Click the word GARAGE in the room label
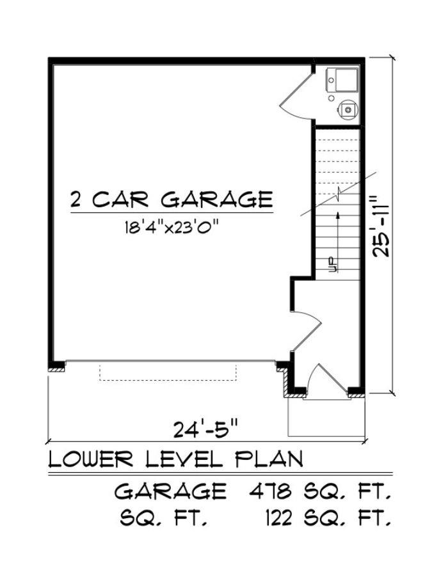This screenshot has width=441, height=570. (216, 200)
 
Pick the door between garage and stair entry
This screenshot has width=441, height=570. (305, 331)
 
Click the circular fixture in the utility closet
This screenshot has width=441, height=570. (348, 110)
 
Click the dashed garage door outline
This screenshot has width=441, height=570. (168, 372)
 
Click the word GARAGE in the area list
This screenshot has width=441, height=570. (170, 492)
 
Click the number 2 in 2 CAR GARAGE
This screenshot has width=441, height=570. (76, 200)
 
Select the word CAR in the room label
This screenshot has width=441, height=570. (122, 200)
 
